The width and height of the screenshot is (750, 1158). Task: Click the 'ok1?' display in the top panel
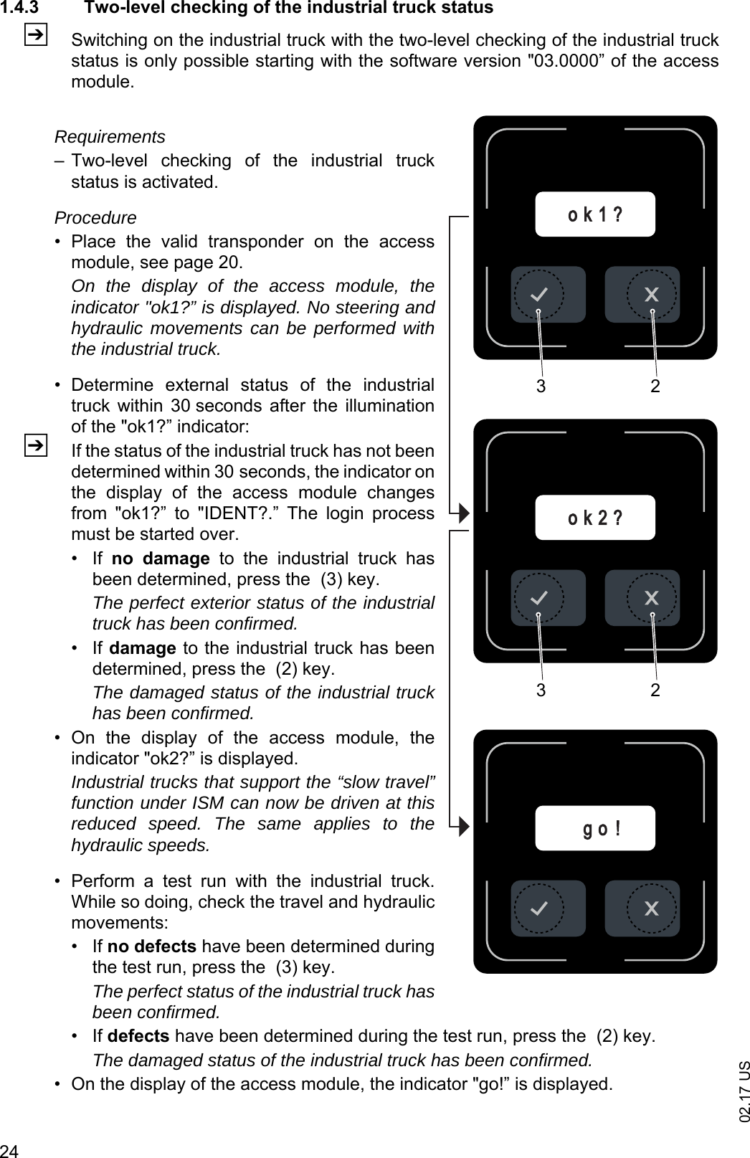[x=595, y=214]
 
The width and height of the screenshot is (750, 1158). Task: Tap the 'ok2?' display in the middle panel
[x=595, y=517]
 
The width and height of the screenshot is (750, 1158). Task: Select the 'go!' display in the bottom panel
[x=595, y=828]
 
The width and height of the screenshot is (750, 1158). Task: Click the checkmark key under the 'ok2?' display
[x=538, y=598]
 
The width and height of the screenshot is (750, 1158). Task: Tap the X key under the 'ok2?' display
[x=651, y=598]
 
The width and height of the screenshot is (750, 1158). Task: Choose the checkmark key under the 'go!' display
[x=538, y=908]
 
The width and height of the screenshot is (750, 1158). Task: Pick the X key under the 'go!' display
[x=651, y=908]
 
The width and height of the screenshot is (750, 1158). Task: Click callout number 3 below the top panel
[x=541, y=387]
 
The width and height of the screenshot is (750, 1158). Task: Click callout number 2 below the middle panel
[x=655, y=690]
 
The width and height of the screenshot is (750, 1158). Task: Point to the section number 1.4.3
[x=22, y=8]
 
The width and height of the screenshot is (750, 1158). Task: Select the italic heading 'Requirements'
[x=110, y=136]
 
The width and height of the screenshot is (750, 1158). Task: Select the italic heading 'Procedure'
[x=95, y=217]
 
